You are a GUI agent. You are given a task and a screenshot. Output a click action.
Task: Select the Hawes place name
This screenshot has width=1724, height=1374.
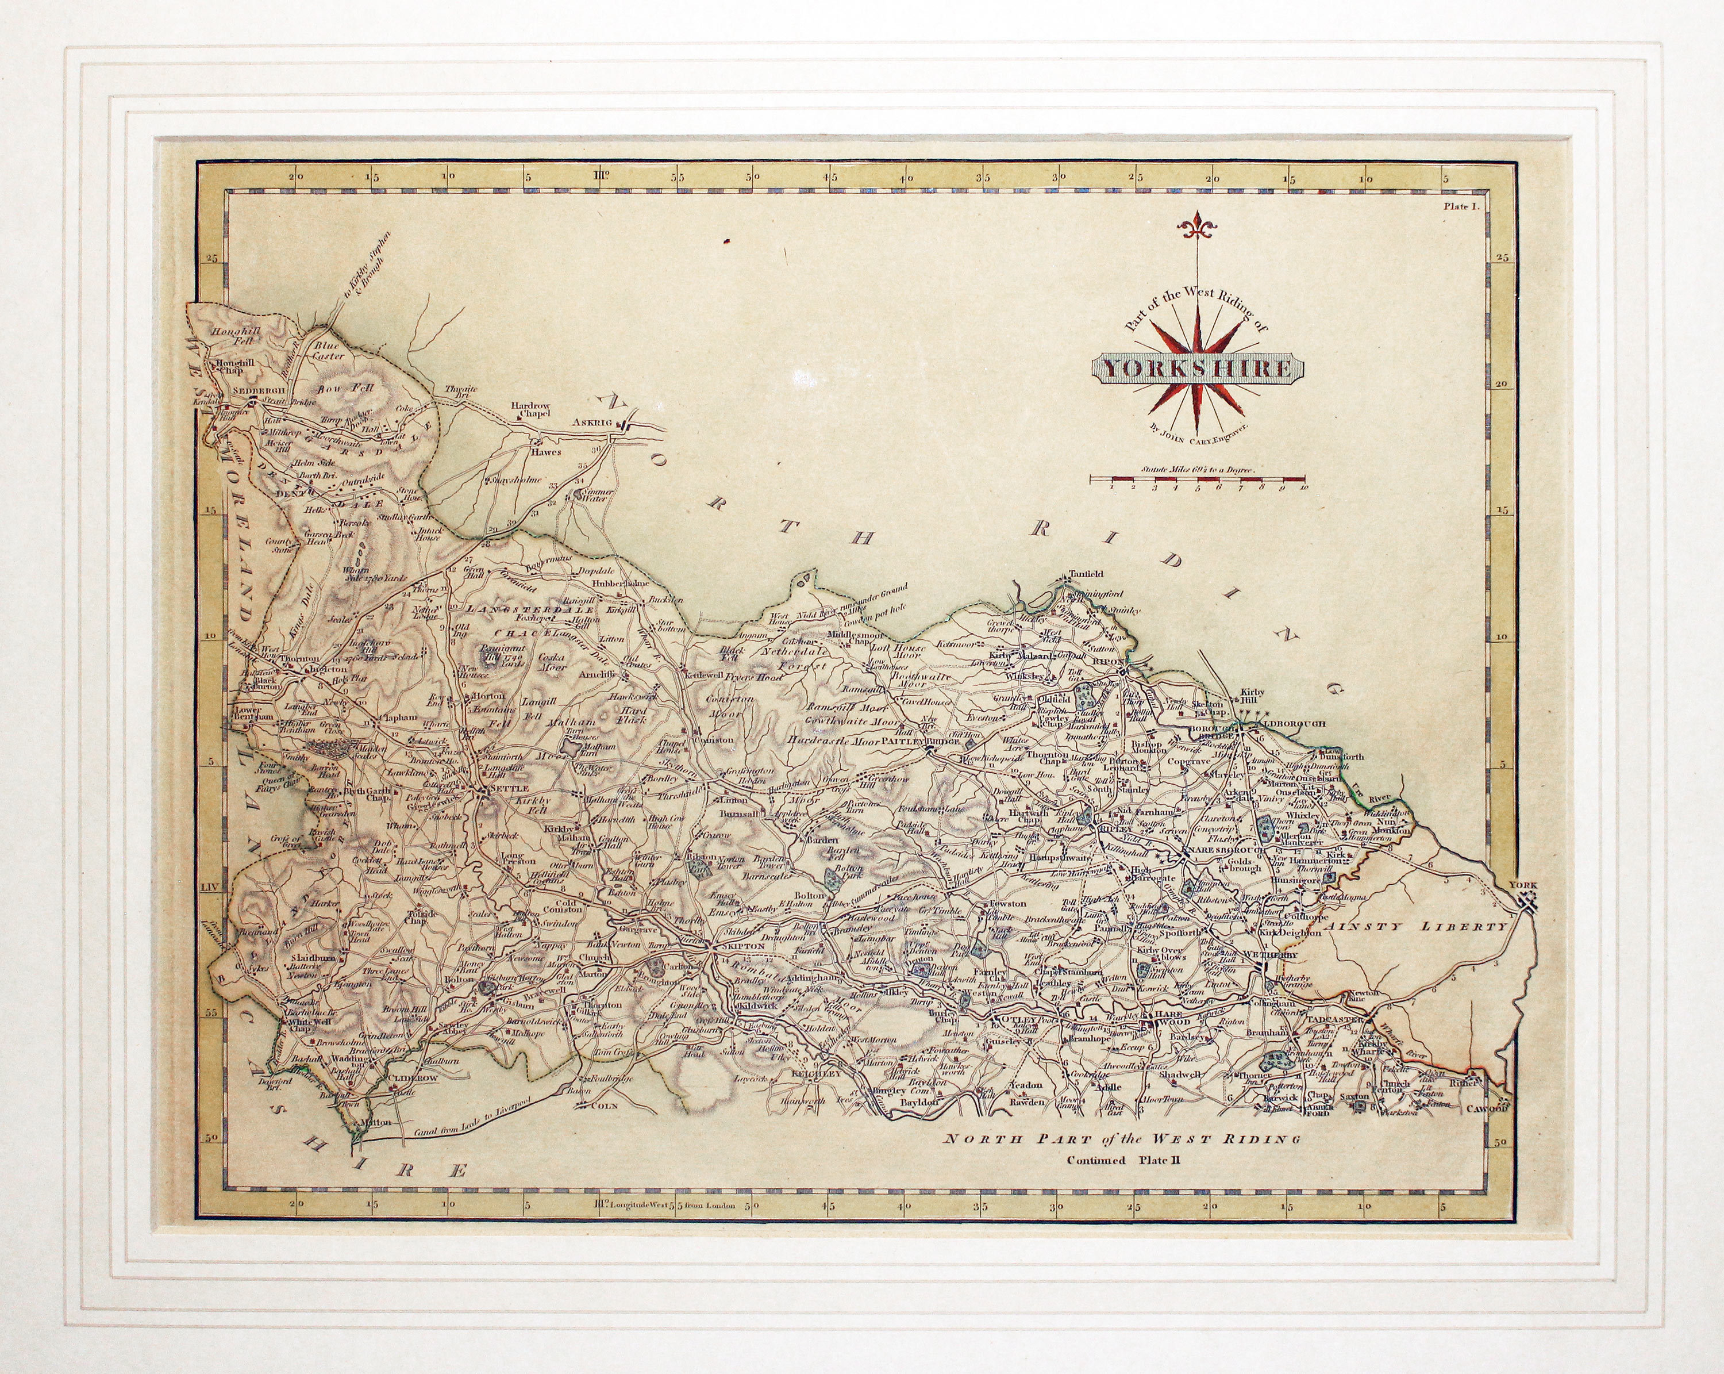pos(546,452)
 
